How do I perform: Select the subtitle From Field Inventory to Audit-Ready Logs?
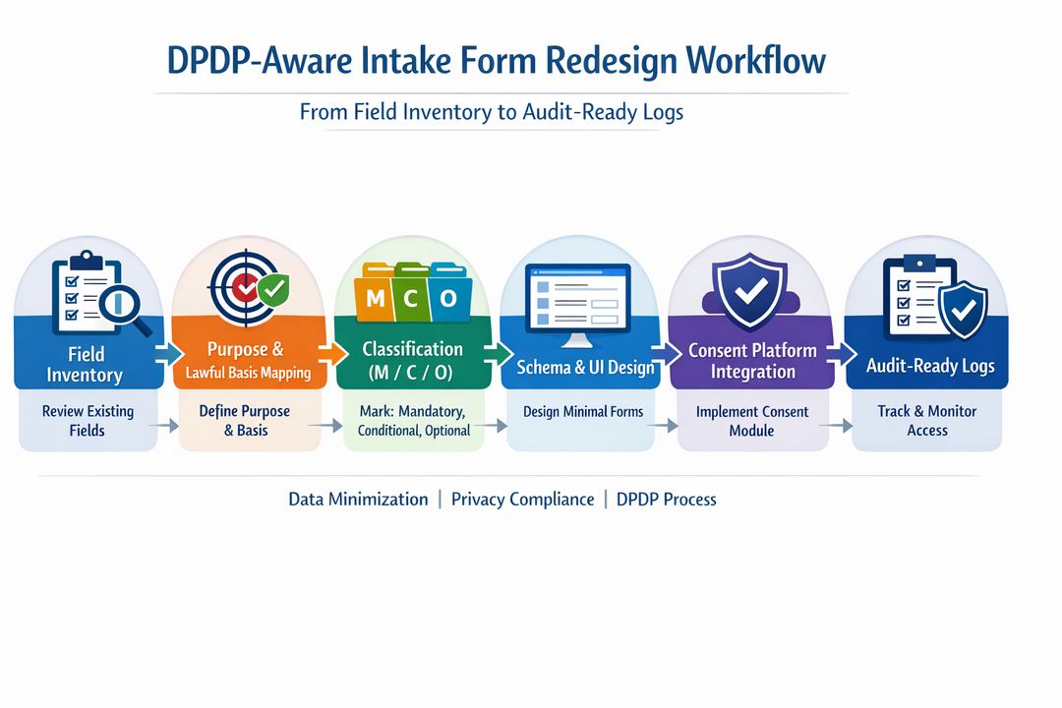tap(491, 112)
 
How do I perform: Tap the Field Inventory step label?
tap(86, 364)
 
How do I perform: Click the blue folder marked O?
tap(447, 298)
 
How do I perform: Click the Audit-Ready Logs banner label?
tap(929, 366)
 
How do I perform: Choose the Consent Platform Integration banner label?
tap(752, 361)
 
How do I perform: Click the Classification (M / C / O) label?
tap(412, 360)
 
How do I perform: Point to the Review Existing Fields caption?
tap(88, 420)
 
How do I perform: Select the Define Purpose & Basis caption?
tap(245, 420)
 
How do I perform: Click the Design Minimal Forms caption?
tap(583, 411)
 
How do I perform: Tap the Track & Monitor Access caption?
tap(926, 420)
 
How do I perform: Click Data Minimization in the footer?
tap(358, 500)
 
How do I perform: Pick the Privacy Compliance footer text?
tap(522, 500)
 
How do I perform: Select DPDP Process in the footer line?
tap(666, 500)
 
